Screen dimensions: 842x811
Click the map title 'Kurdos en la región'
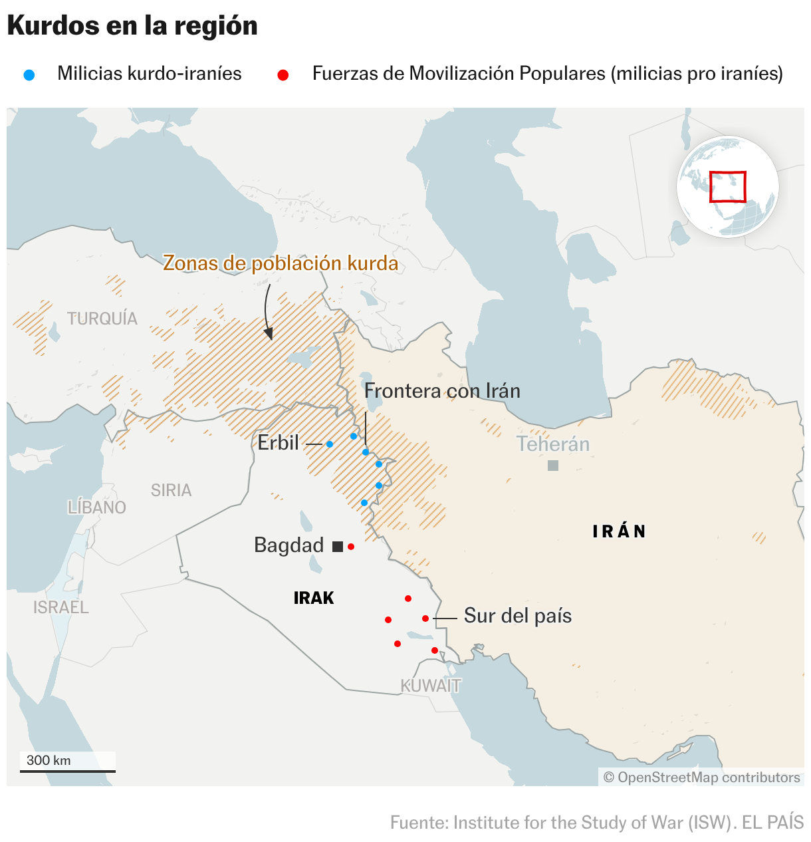click(x=132, y=26)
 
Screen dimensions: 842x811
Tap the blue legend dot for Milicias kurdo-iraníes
click(x=29, y=75)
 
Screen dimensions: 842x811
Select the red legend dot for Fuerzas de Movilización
click(x=283, y=75)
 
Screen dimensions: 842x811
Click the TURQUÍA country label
click(x=102, y=319)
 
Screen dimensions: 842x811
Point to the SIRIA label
click(x=171, y=490)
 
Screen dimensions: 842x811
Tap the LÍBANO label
click(x=97, y=507)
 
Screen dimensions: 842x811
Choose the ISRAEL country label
click(x=61, y=607)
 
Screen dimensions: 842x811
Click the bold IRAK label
click(x=314, y=598)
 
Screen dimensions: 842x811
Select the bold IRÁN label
click(x=619, y=531)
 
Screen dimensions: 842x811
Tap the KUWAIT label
click(x=430, y=686)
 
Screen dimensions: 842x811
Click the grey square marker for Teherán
click(x=553, y=466)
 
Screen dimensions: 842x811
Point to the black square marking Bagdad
click(x=338, y=547)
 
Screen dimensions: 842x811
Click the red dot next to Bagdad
click(x=351, y=547)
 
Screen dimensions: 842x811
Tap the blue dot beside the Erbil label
click(x=330, y=444)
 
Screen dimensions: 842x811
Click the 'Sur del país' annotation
click(x=518, y=616)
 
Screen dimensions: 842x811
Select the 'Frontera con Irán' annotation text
click(x=442, y=390)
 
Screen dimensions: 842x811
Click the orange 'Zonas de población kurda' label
click(x=281, y=263)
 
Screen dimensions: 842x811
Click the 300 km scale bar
click(x=67, y=770)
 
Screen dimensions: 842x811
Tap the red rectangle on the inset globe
click(x=728, y=186)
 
